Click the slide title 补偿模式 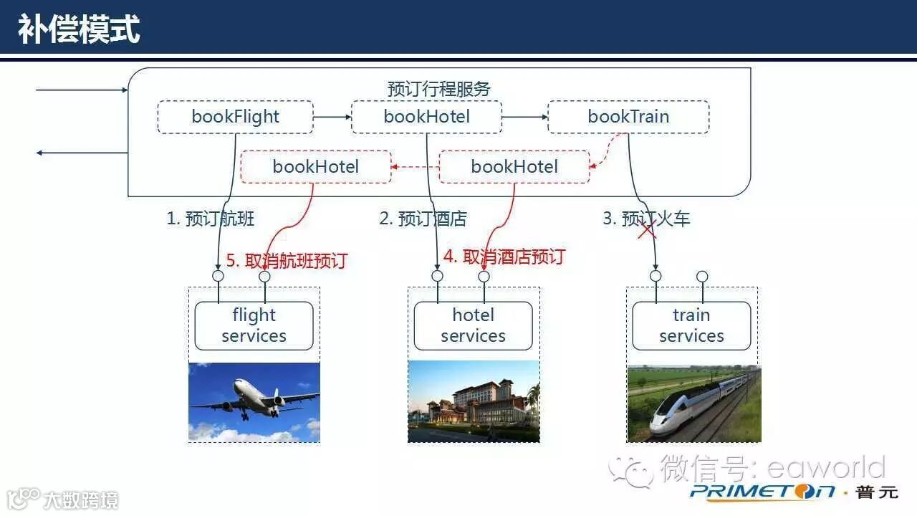pyautogui.click(x=79, y=30)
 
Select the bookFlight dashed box pyautogui.click(x=235, y=117)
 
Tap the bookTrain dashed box pyautogui.click(x=628, y=117)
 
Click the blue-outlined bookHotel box pyautogui.click(x=426, y=117)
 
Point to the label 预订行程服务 pyautogui.click(x=438, y=89)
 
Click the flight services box pyautogui.click(x=254, y=325)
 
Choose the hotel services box pyautogui.click(x=473, y=325)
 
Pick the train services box pyautogui.click(x=691, y=325)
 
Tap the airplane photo pyautogui.click(x=254, y=402)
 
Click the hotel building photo pyautogui.click(x=473, y=402)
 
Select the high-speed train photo pyautogui.click(x=693, y=403)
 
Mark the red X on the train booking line pyautogui.click(x=647, y=229)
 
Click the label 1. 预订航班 pyautogui.click(x=210, y=219)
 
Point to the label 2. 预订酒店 pyautogui.click(x=423, y=219)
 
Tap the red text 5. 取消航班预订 pyautogui.click(x=287, y=260)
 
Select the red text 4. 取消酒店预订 pyautogui.click(x=504, y=257)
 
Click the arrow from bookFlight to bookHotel pyautogui.click(x=332, y=117)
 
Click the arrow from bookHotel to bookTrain pyautogui.click(x=524, y=117)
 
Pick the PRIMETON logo pyautogui.click(x=762, y=492)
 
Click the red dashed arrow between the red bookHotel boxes pyautogui.click(x=415, y=167)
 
